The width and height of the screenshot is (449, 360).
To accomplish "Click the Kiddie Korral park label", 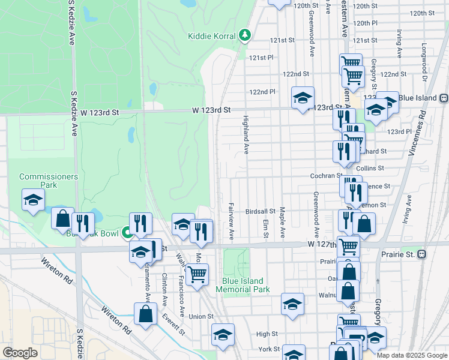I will tap(211, 36).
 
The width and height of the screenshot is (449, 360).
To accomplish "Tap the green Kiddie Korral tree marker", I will tap(244, 35).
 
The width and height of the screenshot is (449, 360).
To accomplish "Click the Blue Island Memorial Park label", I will tap(246, 285).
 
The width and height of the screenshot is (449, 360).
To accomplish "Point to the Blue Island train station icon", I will tap(443, 98).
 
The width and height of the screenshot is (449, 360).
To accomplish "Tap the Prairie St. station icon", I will tap(421, 254).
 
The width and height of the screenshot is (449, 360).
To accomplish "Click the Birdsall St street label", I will tap(259, 212).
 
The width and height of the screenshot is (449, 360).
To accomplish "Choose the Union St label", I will tap(201, 316).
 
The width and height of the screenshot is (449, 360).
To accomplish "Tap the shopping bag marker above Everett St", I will tap(145, 314).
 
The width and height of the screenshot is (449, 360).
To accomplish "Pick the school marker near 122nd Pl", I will tap(303, 97).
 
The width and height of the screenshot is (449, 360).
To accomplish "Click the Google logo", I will tap(19, 353).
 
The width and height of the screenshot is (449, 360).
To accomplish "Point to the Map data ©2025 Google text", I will tap(412, 355).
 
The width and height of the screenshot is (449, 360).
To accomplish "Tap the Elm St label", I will tap(265, 227).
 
